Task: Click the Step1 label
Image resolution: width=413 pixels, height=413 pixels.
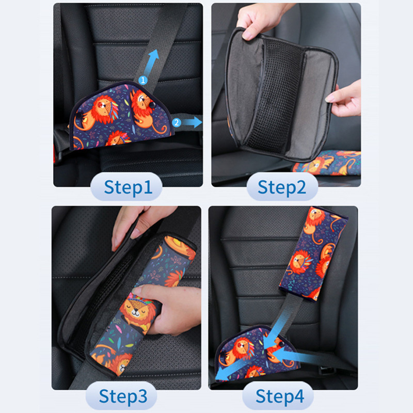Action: coord(128,187)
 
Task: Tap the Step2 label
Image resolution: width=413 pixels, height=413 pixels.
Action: coord(282,187)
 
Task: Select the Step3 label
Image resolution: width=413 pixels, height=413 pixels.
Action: coord(123,396)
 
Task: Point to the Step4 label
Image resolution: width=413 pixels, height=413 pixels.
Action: coord(280,396)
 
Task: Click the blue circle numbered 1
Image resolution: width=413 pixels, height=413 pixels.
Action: coord(143,80)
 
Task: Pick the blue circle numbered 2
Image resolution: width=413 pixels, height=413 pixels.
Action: coord(177,122)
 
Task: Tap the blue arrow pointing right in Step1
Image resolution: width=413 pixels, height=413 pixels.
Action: coord(193,122)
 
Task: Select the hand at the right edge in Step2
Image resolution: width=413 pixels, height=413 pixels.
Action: coord(345,100)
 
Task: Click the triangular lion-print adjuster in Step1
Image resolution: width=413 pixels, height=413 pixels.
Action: coord(120,116)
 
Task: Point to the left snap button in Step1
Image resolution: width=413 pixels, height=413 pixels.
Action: coord(79,115)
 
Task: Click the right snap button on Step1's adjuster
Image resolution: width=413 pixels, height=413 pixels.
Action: coord(152,105)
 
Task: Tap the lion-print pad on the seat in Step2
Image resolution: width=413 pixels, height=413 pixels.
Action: coord(327,163)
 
